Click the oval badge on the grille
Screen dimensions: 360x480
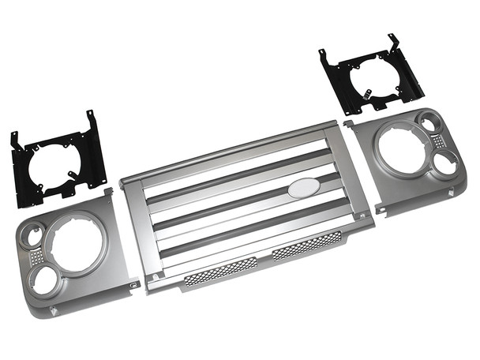click(x=303, y=187)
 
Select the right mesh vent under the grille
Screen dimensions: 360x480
click(x=307, y=246)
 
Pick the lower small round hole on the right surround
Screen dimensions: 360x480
click(x=445, y=163)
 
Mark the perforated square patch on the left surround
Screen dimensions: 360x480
click(x=36, y=257)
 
